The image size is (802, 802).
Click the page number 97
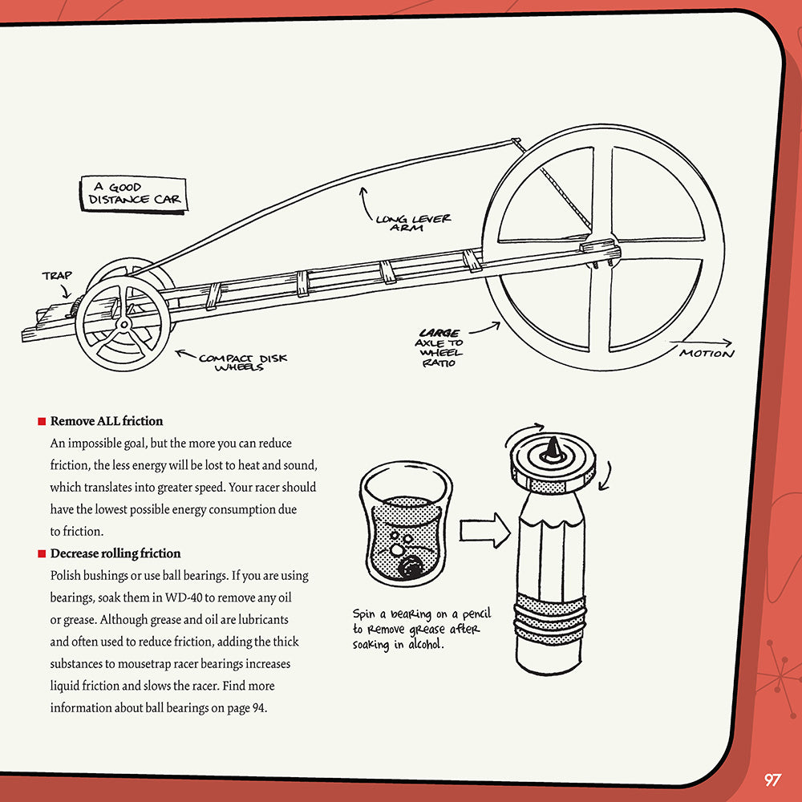(x=772, y=780)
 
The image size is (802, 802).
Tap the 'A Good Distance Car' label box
(x=134, y=193)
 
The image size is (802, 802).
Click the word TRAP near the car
(x=57, y=276)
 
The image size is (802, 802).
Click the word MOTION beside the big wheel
(x=706, y=354)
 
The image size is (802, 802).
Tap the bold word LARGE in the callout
(x=439, y=333)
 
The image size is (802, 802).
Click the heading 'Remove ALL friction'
(x=106, y=421)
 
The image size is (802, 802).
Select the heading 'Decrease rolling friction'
(x=115, y=553)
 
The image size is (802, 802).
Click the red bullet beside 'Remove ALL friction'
(x=41, y=421)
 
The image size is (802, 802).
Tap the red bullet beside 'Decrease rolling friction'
(x=41, y=553)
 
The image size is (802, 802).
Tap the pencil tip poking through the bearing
(x=553, y=450)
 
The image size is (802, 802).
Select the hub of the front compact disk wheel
(x=123, y=325)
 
